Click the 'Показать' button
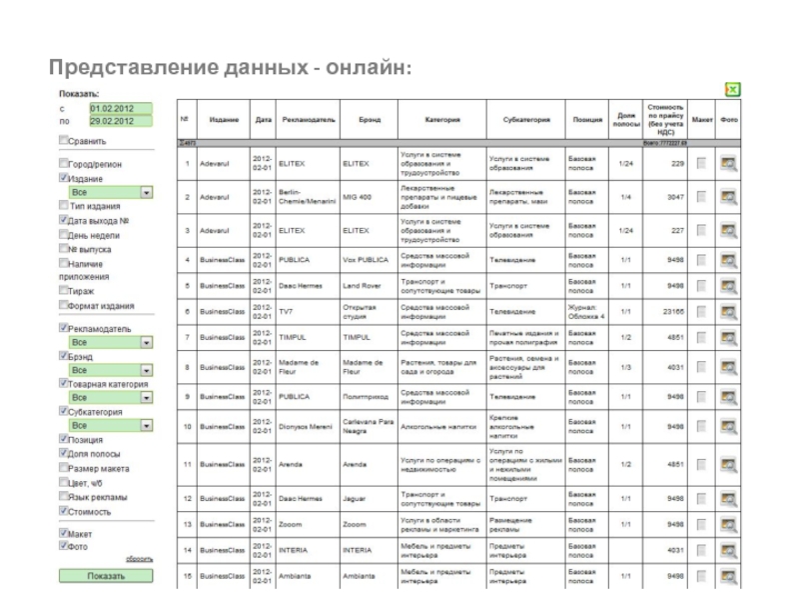pos(106,576)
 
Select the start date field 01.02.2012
pos(119,108)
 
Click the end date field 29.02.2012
pos(119,122)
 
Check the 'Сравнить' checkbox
pos(64,142)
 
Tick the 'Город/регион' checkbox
pos(64,163)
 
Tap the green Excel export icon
pos(733,90)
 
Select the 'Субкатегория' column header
pos(526,120)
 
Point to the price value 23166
pos(669,312)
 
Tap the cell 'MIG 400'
pos(358,196)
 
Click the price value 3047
pos(671,196)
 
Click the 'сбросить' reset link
pos(139,559)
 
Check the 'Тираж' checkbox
pos(64,291)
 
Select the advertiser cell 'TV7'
pos(288,312)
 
